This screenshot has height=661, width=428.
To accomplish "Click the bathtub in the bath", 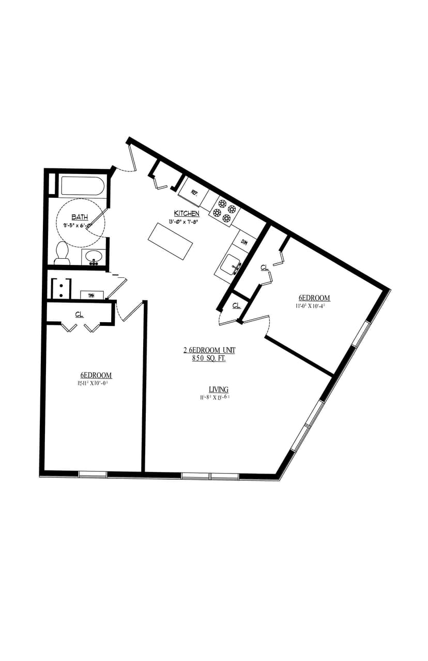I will pos(83,186).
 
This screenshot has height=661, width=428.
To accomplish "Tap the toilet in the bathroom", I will pos(62,254).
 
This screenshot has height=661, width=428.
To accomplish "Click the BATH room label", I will pos(80,217).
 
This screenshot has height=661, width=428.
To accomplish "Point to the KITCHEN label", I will pos(187,213).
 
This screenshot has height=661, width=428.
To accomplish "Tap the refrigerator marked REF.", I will pos(194,192).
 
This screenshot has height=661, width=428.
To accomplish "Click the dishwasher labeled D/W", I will pos(244,242).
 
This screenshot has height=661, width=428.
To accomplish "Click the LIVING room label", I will pos(219,389).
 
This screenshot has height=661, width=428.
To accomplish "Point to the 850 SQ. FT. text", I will pos(209,358).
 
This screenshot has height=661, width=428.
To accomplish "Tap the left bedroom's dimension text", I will pos(96,383).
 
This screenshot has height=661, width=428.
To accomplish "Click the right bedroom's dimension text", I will pos(309,306).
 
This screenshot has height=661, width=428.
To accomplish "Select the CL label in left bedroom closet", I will pos(79,314).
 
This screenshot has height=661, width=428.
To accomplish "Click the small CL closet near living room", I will pos(236,305).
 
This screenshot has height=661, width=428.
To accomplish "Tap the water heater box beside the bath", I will pos(91,295).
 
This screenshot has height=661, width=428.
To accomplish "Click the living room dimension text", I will pos(215,397).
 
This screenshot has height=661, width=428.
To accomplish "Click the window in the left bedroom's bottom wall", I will pos(93,474).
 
